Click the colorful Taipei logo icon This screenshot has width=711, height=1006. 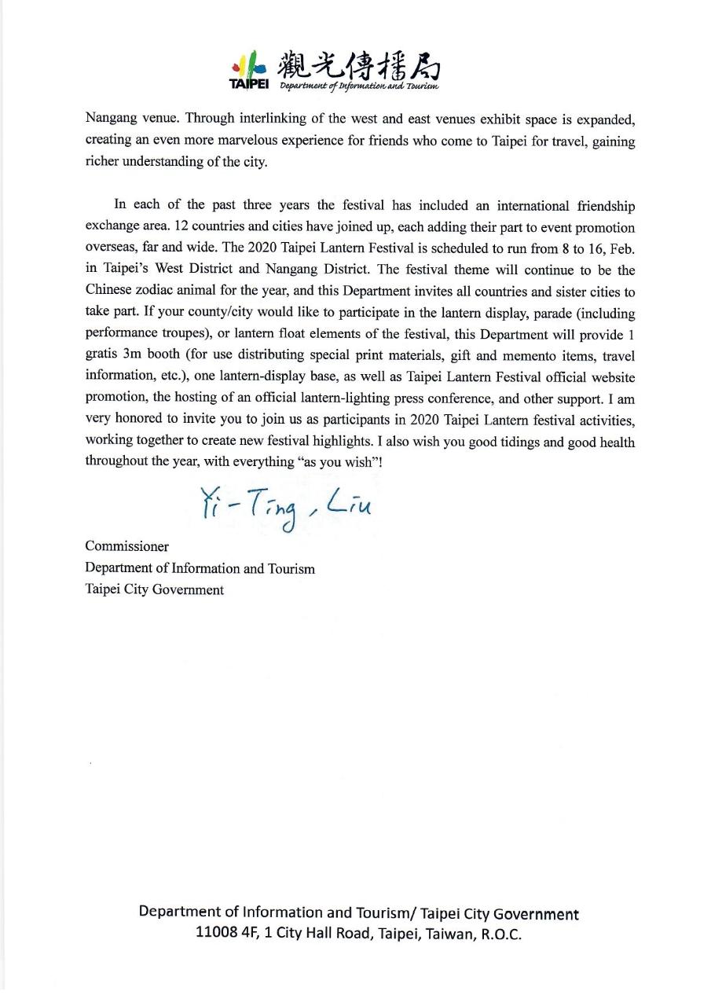(x=249, y=62)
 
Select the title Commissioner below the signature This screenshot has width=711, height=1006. (x=126, y=546)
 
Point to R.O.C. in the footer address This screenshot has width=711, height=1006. (x=500, y=934)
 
